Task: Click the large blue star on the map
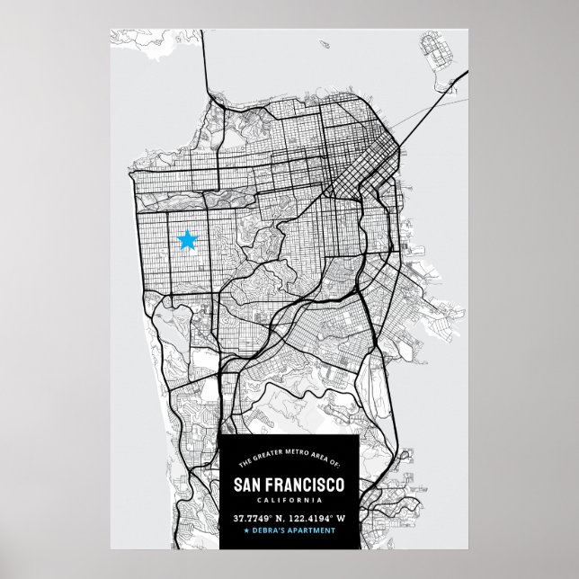(x=187, y=240)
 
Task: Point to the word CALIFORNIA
(x=289, y=501)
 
